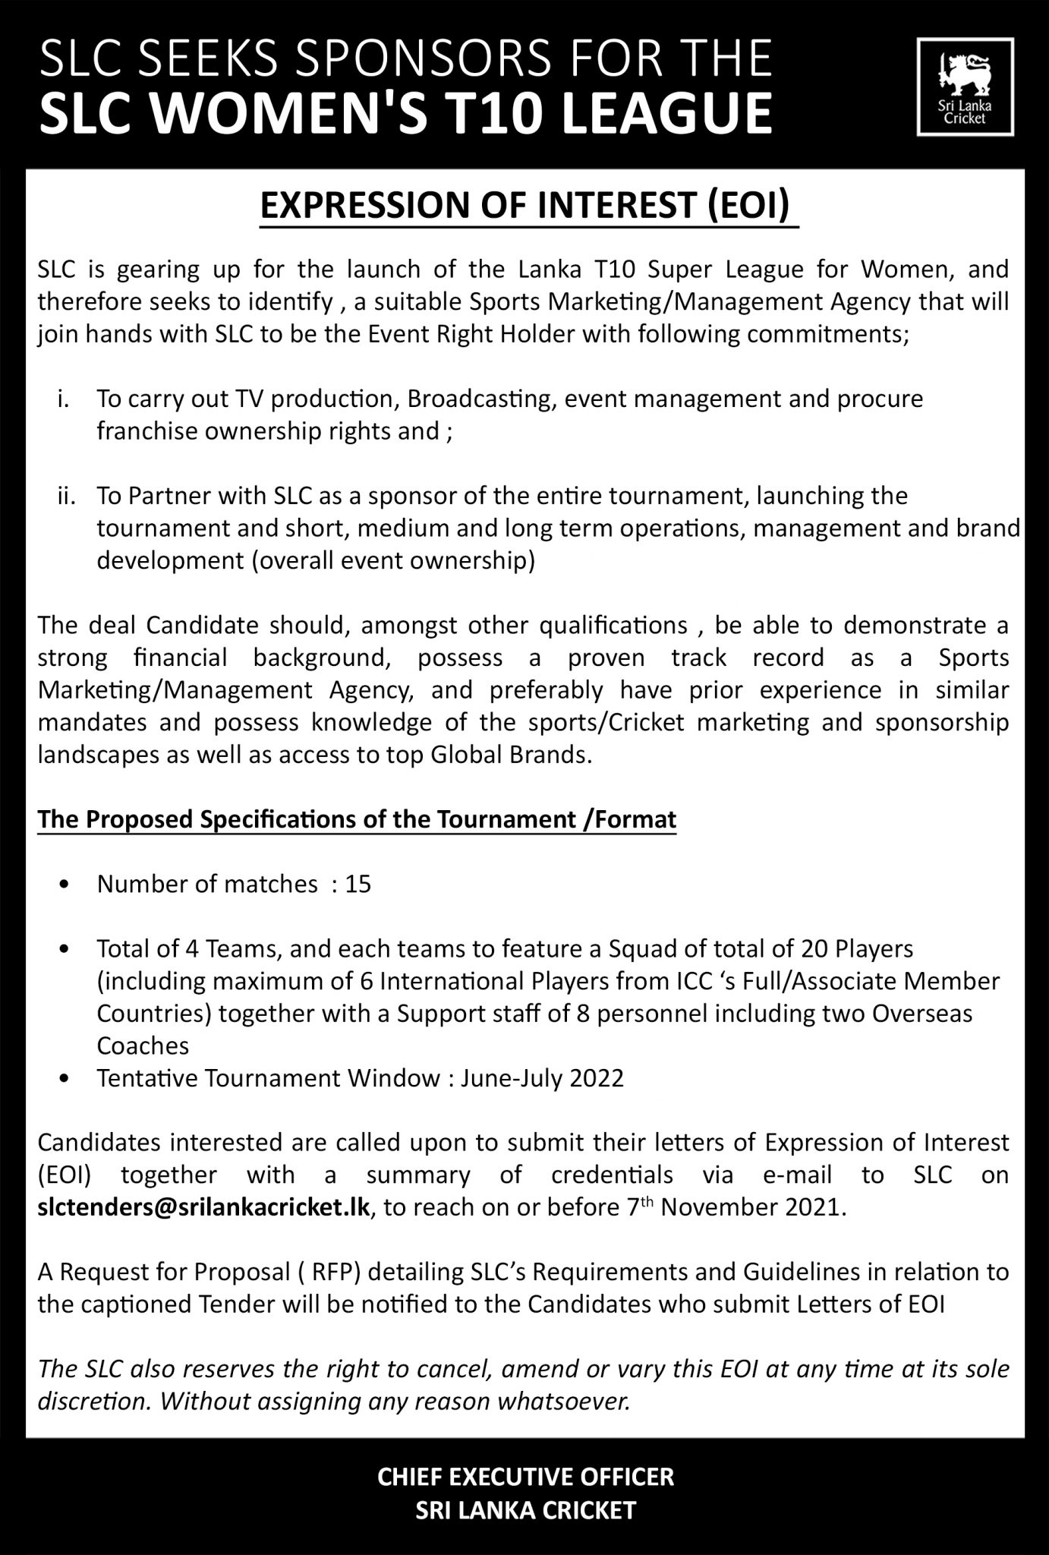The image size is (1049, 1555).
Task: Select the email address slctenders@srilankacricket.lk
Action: click(203, 1208)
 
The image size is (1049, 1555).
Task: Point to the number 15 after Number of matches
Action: click(358, 884)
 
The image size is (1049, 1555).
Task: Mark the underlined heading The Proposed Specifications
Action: click(357, 820)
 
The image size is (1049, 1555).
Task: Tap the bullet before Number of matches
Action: click(68, 885)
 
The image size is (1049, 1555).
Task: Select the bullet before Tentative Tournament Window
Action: click(68, 1079)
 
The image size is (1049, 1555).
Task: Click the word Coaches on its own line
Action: click(143, 1046)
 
